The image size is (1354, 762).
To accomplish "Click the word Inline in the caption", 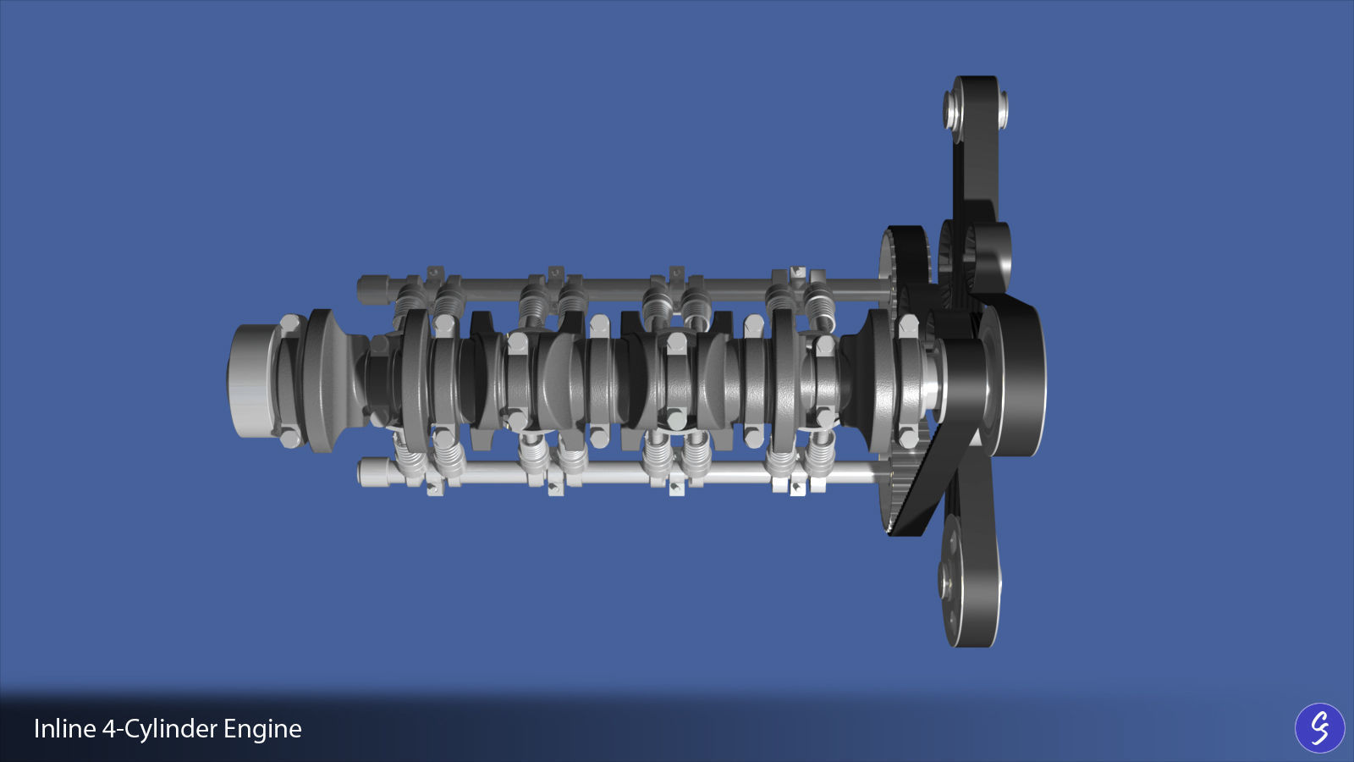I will (64, 729).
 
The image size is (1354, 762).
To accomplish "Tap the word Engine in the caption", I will (262, 729).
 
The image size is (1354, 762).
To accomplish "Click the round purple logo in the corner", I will (1319, 727).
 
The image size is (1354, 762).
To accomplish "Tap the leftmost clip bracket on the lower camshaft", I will (434, 488).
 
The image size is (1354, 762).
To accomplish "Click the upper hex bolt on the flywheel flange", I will (290, 325).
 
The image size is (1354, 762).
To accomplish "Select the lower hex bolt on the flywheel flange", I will (290, 437).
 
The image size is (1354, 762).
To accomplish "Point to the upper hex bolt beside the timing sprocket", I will (908, 325).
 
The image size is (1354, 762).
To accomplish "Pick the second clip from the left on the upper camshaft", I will (555, 274).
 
